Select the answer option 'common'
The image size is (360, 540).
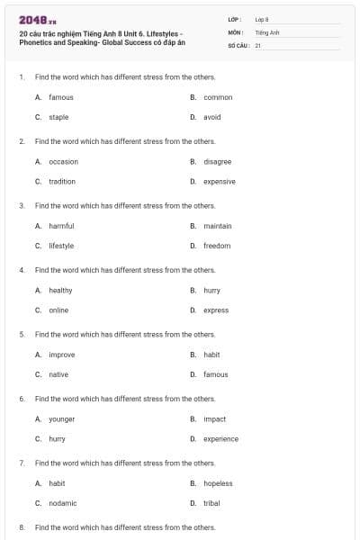click(218, 97)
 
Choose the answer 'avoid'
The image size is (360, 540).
click(212, 117)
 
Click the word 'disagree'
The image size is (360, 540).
click(218, 161)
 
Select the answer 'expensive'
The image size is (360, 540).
click(220, 181)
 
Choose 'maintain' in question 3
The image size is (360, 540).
click(218, 226)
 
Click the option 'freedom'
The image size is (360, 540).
click(217, 246)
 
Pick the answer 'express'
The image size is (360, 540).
click(216, 310)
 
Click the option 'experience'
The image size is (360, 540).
click(221, 439)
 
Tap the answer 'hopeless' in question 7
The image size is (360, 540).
click(218, 483)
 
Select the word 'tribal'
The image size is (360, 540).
click(212, 503)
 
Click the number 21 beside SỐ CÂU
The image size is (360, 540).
click(257, 44)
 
